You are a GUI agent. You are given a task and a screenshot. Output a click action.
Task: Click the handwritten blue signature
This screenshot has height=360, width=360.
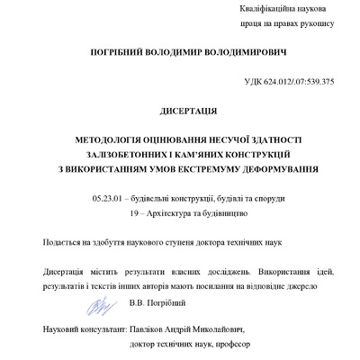97,303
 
